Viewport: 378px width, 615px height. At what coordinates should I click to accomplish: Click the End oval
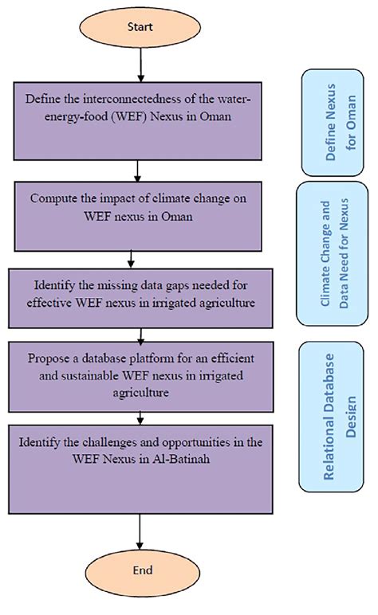(140, 570)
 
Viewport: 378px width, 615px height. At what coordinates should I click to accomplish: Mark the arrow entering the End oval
(140, 528)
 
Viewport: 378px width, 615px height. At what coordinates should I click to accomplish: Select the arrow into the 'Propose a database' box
(140, 333)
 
